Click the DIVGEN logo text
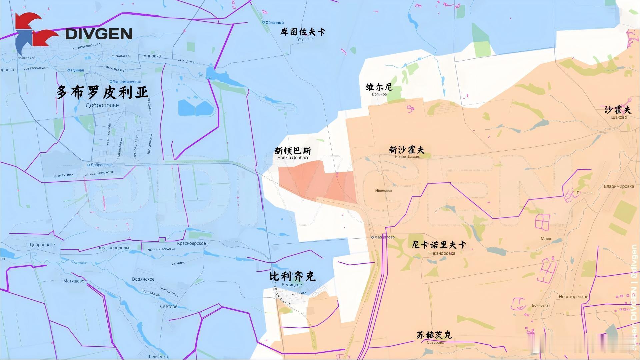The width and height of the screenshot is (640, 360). pyautogui.click(x=99, y=34)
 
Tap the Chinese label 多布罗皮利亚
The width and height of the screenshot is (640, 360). pyautogui.click(x=102, y=92)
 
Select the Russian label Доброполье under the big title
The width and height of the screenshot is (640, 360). pyautogui.click(x=102, y=105)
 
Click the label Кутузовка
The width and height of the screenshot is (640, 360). pyautogui.click(x=304, y=39)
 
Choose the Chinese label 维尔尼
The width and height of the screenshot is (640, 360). pyautogui.click(x=379, y=87)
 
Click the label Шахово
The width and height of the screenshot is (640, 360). pyautogui.click(x=619, y=117)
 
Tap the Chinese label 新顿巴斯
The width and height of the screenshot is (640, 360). pyautogui.click(x=293, y=151)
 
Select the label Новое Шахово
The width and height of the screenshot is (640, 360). pyautogui.click(x=407, y=157)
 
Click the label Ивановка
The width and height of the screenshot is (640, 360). pyautogui.click(x=383, y=190)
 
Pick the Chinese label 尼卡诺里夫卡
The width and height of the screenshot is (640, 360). pyautogui.click(x=439, y=245)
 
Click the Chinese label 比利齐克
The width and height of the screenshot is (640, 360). pyautogui.click(x=292, y=276)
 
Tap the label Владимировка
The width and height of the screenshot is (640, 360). pyautogui.click(x=619, y=186)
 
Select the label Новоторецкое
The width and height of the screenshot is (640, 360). pyautogui.click(x=573, y=297)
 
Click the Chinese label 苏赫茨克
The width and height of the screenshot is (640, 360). pyautogui.click(x=434, y=335)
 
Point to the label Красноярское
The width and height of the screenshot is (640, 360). pyautogui.click(x=191, y=243)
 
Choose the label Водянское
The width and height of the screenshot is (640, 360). pyautogui.click(x=143, y=279)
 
